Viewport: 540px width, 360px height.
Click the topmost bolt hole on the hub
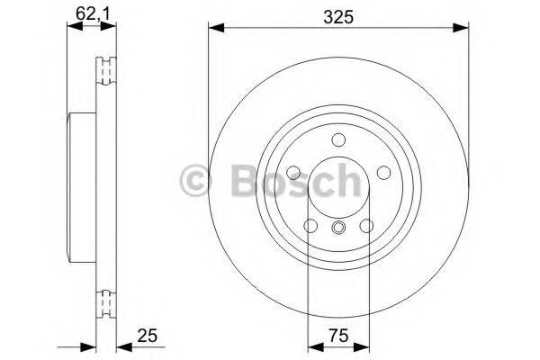[338, 139]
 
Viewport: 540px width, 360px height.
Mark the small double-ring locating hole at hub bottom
[338, 227]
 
